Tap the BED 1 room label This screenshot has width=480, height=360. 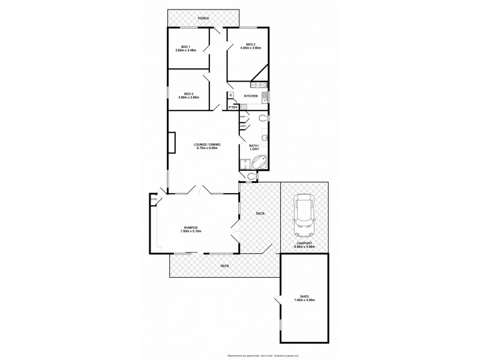coord(187,47)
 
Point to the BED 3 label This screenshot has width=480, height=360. coord(188,94)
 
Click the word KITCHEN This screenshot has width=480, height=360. coord(251,96)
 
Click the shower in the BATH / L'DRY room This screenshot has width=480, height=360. coord(245,164)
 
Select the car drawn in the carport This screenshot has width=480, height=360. coord(305,216)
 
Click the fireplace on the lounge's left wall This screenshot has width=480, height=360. coord(172,143)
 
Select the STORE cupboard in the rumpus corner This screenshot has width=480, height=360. coord(154,199)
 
